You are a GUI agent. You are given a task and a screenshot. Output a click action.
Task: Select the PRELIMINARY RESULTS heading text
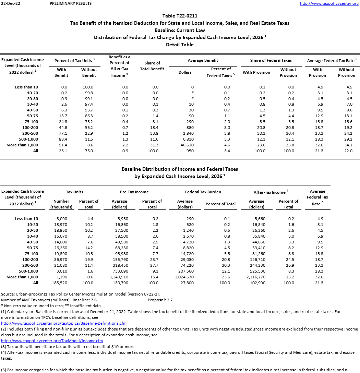point(71,3)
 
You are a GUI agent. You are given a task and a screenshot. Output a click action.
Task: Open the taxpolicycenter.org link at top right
point(329,3)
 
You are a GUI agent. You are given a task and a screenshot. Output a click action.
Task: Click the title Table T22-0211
point(180,16)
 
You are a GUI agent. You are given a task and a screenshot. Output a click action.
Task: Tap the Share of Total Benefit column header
point(152,66)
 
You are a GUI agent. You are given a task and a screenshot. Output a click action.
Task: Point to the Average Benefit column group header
point(203,60)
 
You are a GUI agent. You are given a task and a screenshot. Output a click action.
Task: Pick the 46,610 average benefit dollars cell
point(187,145)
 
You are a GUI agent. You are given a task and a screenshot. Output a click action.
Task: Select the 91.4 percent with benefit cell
point(62,145)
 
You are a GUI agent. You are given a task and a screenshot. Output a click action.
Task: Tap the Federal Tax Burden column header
point(203,192)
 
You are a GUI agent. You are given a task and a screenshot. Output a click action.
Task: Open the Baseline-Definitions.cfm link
point(64,323)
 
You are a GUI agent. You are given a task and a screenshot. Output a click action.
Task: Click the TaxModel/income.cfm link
point(52,341)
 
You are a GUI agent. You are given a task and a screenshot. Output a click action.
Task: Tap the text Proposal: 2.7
point(160,300)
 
